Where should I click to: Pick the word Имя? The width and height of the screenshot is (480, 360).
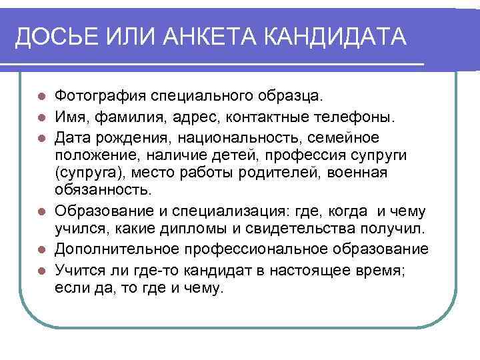tap(70, 118)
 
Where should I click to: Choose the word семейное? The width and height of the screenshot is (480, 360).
tap(347, 138)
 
